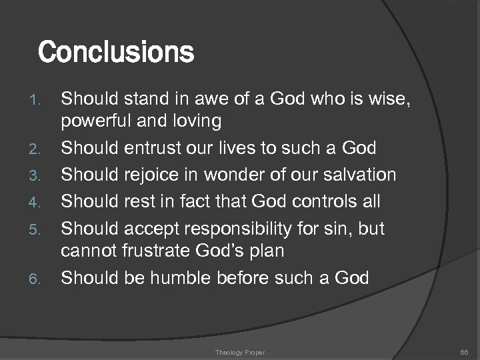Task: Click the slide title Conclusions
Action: click(x=116, y=51)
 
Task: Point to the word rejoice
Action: click(x=153, y=175)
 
